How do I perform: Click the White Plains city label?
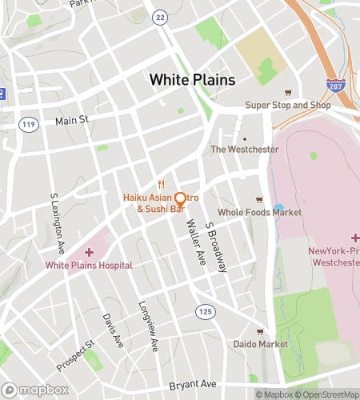(x=192, y=80)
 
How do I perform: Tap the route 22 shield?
(x=161, y=18)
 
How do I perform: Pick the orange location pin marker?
(x=181, y=199)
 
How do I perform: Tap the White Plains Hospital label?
(x=89, y=265)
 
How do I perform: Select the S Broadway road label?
(x=216, y=247)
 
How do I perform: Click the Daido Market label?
(x=259, y=344)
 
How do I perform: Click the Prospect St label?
(x=75, y=355)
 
